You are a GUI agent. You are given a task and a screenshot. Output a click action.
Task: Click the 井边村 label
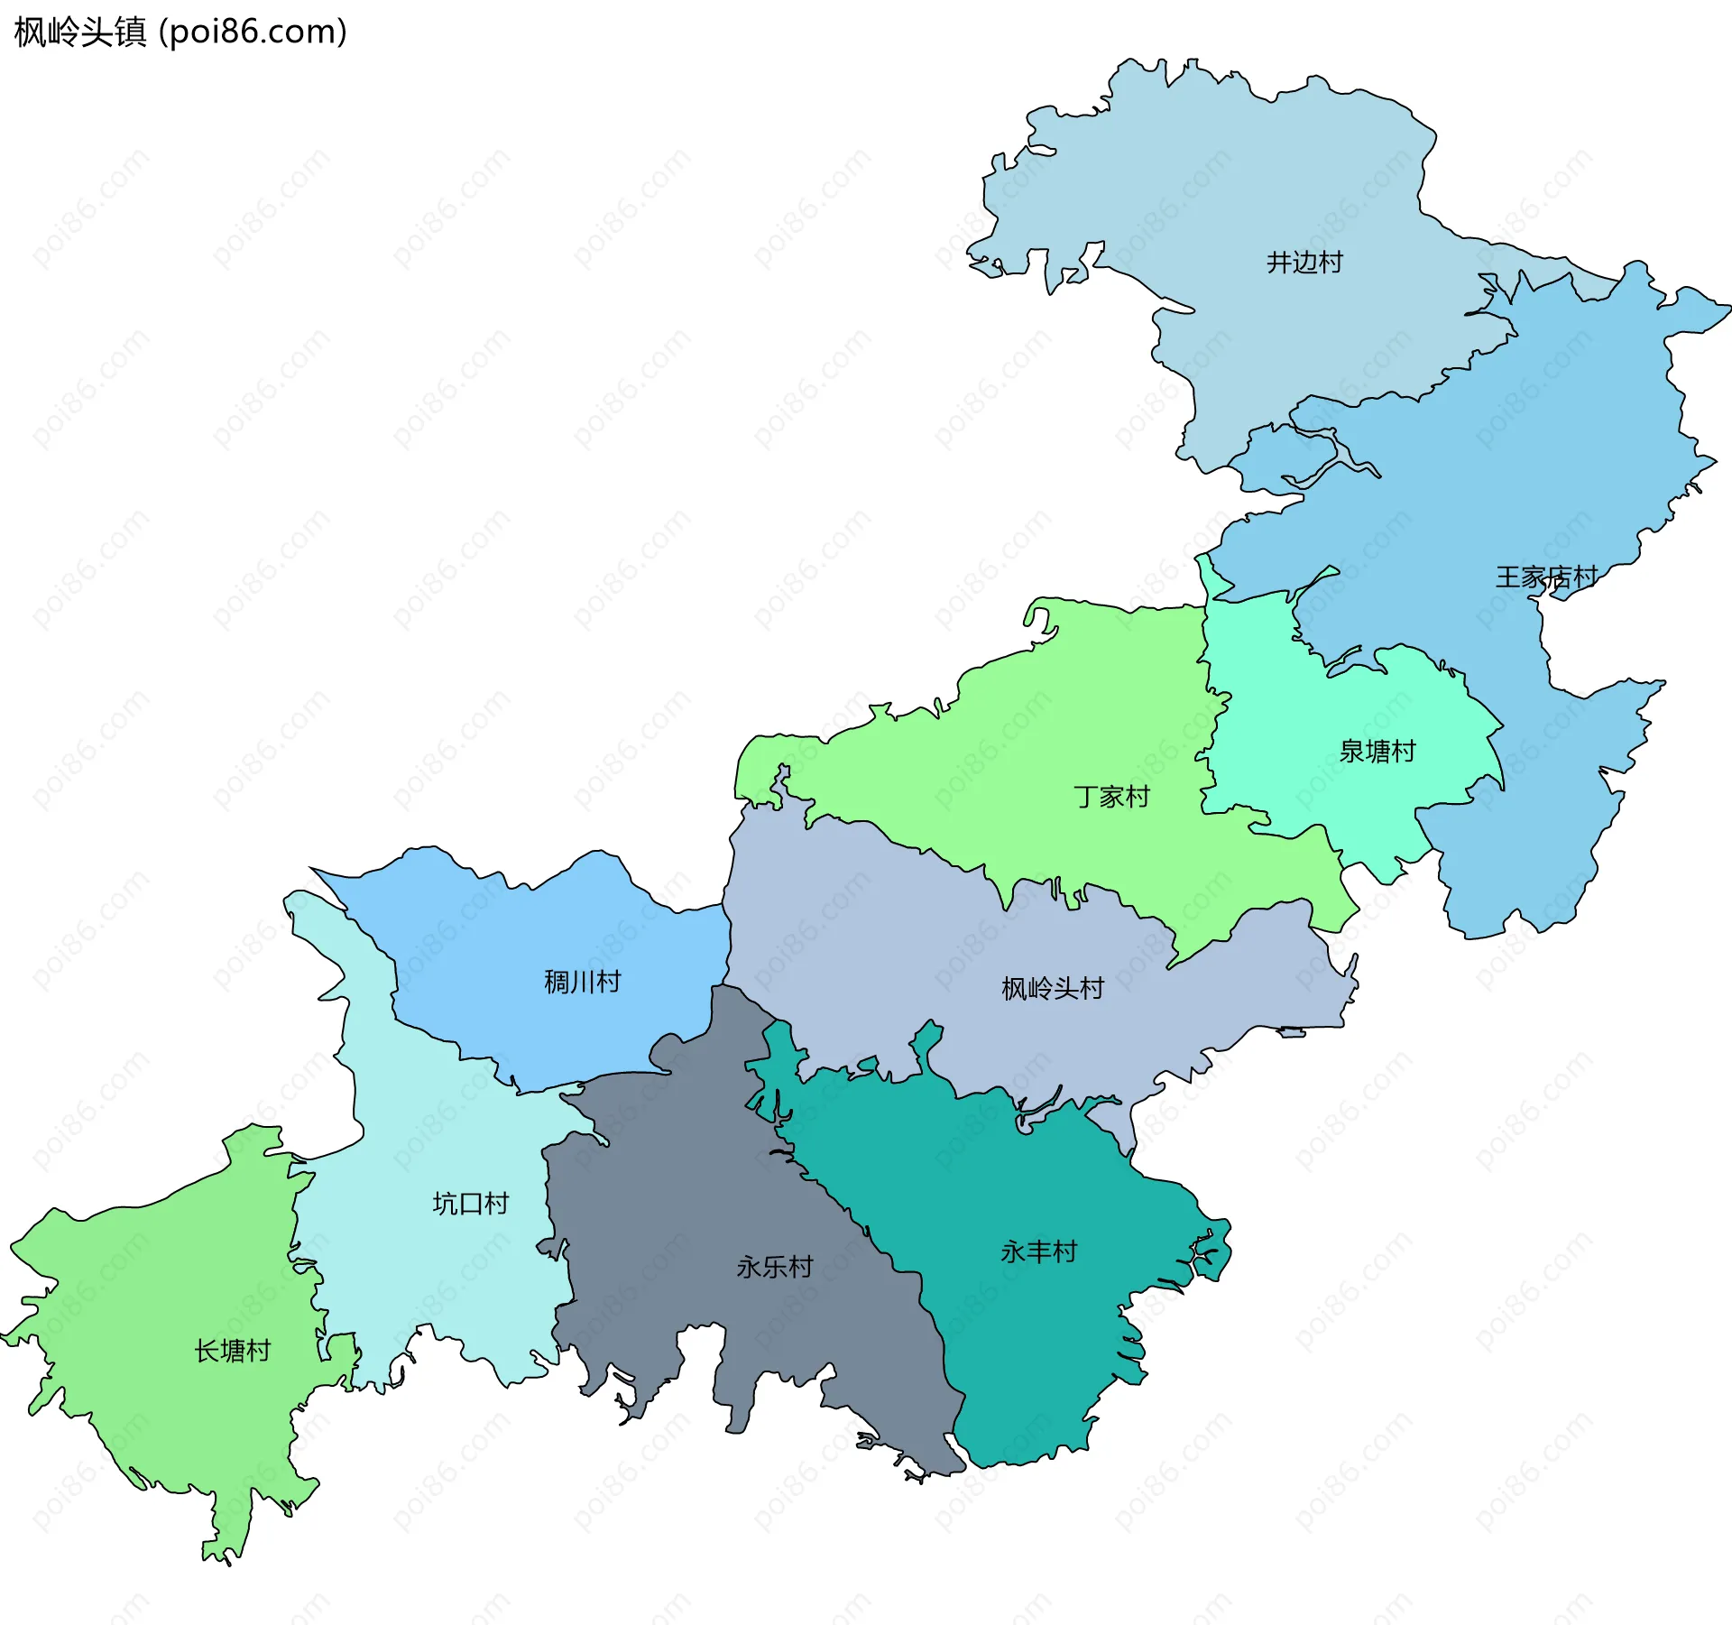click(x=1304, y=263)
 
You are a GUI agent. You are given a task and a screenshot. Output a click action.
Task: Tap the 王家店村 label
click(x=1546, y=577)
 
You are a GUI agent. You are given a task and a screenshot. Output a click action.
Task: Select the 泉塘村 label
click(x=1377, y=752)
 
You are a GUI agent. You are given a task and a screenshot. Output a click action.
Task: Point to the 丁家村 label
click(x=1111, y=797)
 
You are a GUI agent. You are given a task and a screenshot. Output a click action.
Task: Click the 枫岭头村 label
click(x=1053, y=989)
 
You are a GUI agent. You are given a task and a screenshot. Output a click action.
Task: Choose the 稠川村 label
click(x=583, y=982)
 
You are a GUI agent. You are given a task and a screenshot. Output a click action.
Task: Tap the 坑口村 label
click(x=471, y=1204)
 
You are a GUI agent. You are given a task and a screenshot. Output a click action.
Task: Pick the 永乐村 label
click(x=775, y=1267)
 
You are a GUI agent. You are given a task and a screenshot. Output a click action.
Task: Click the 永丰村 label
click(x=1038, y=1251)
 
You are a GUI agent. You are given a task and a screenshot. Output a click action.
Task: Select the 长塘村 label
click(x=233, y=1351)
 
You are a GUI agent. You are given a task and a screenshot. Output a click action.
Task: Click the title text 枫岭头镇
click(x=80, y=32)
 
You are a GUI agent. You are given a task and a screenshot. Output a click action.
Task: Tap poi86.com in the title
click(x=253, y=32)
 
